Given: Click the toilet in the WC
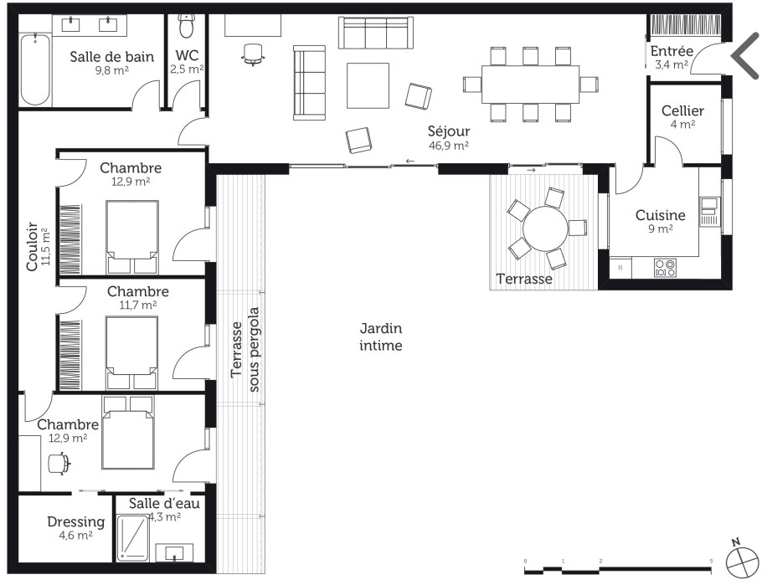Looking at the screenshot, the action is (x=185, y=26).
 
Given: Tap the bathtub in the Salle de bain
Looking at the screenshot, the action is (x=35, y=69).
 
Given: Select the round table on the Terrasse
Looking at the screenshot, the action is (x=545, y=228).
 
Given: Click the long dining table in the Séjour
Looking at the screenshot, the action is (x=530, y=84).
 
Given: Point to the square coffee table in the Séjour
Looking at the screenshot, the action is (x=368, y=85).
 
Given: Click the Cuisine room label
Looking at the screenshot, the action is (x=661, y=215).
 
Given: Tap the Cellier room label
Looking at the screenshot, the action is (x=682, y=110).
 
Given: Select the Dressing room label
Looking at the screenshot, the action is (x=76, y=522).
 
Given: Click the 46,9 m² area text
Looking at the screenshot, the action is (x=449, y=145).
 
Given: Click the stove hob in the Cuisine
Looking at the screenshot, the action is (x=665, y=268).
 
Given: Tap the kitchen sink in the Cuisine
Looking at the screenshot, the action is (x=709, y=206).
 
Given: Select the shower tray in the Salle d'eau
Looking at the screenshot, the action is (x=132, y=536).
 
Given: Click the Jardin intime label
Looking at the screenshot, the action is (x=381, y=336).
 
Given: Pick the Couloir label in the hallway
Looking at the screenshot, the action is (x=32, y=246).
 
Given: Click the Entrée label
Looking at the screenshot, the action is (x=672, y=51).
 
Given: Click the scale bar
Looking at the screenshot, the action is (x=618, y=567).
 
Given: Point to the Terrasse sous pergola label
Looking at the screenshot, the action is (x=245, y=349).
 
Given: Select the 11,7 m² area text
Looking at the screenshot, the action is (x=138, y=305).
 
